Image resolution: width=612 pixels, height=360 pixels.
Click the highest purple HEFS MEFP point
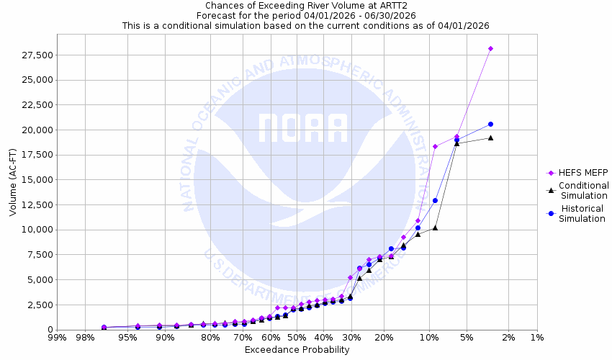tap(490, 48)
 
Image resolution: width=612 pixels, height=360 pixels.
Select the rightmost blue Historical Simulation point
tap(490, 124)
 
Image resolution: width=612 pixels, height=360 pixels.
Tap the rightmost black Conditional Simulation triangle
tap(490, 138)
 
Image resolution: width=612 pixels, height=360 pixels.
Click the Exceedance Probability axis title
tap(297, 350)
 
